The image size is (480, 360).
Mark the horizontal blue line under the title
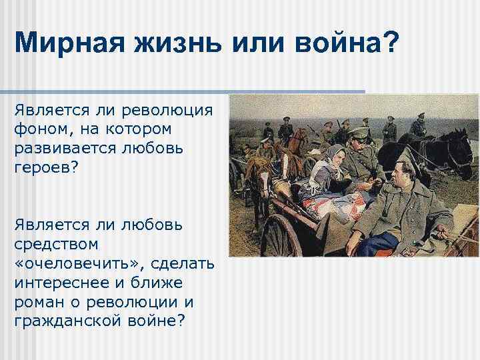(x=183, y=91)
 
